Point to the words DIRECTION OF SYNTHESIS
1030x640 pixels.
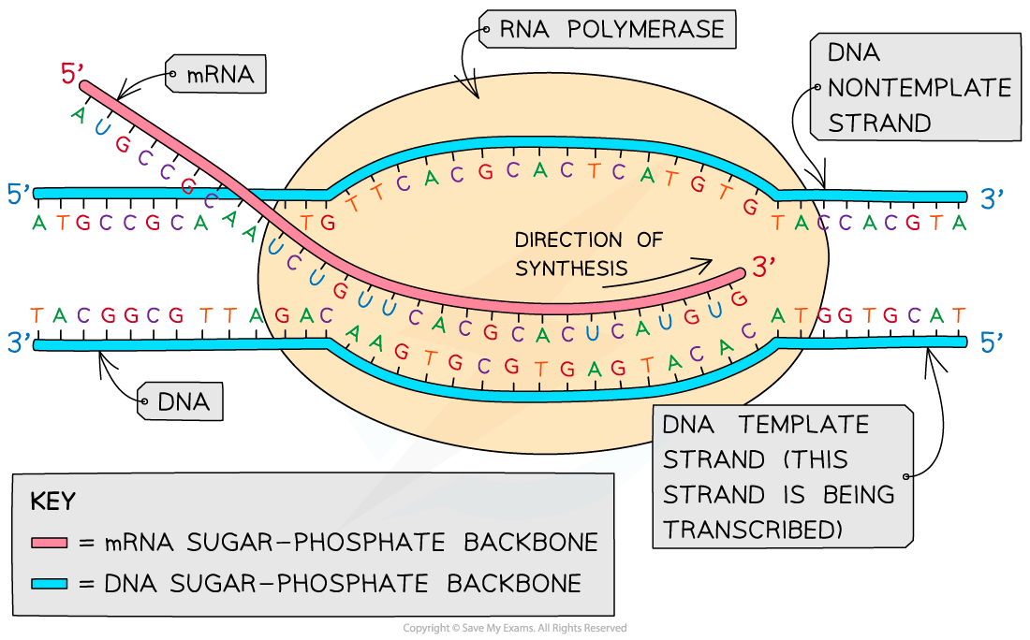(x=588, y=254)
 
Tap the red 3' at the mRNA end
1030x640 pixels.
(x=764, y=269)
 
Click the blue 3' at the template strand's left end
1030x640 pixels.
(x=18, y=343)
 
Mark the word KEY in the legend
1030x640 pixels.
(x=53, y=501)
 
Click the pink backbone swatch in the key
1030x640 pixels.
(x=51, y=543)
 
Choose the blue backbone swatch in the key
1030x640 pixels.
(x=51, y=584)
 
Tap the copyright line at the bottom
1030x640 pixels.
(x=514, y=628)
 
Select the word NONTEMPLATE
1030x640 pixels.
(x=920, y=88)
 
